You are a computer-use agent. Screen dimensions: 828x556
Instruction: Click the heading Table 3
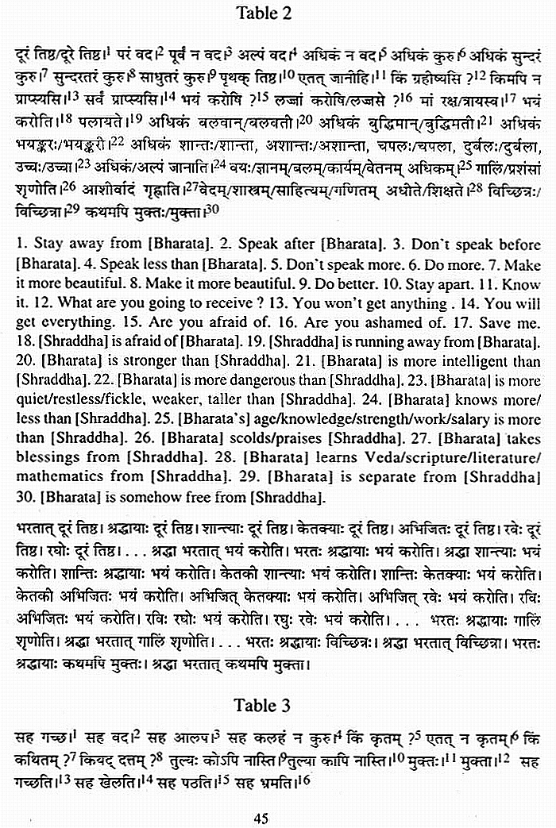pyautogui.click(x=263, y=705)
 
